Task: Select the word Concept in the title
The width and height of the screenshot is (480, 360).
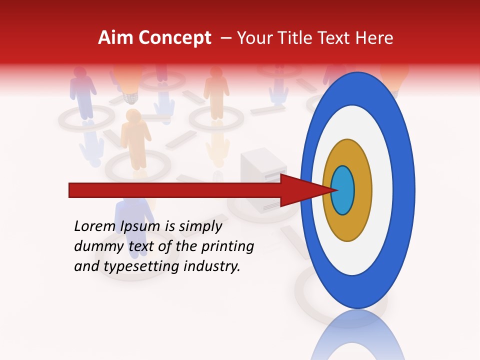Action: point(174,38)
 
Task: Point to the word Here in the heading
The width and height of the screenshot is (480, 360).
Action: point(375,38)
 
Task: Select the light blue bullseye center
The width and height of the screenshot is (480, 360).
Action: point(343,190)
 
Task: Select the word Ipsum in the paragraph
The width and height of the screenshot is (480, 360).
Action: point(140,226)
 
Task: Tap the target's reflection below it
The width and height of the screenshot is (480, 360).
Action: point(357,337)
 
